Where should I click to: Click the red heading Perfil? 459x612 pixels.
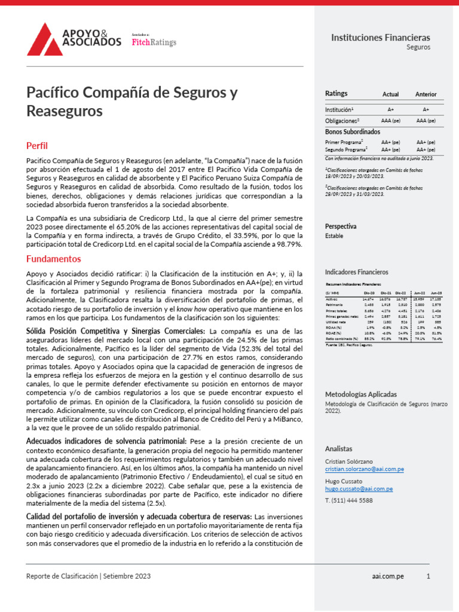[x=37, y=145]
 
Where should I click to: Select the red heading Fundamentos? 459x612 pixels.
[x=53, y=259]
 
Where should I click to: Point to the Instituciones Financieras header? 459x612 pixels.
[x=381, y=38]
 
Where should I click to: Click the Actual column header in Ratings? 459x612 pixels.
[x=390, y=94]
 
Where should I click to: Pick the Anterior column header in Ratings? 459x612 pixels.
[x=426, y=94]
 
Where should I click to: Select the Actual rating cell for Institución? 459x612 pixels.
[x=390, y=110]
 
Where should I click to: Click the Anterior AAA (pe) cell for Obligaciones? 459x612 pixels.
[x=426, y=120]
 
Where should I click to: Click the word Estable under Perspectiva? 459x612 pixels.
[x=334, y=236]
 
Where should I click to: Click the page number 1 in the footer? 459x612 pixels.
[x=428, y=576]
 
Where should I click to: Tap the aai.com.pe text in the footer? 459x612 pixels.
[x=386, y=576]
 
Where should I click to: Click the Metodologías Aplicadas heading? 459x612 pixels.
[x=360, y=394]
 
